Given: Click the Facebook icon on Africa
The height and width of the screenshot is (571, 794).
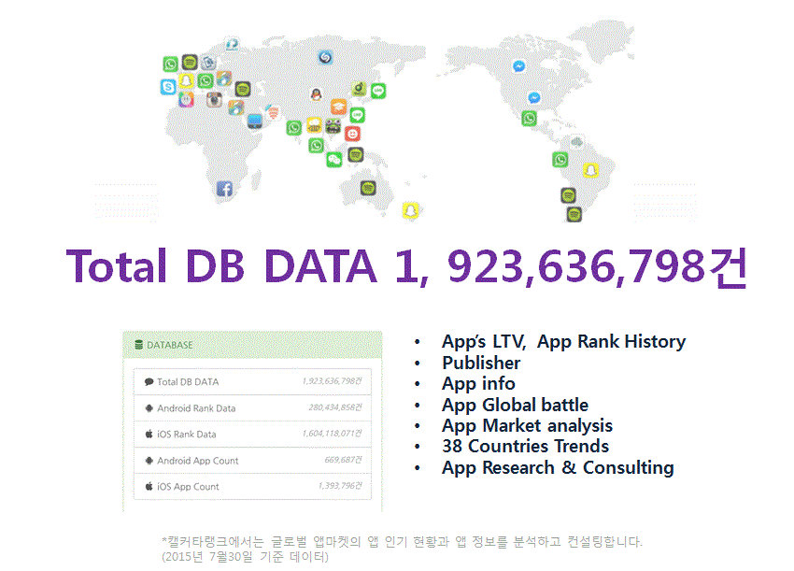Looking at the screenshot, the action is tap(224, 189).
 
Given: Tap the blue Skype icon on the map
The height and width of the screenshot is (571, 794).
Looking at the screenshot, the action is tap(168, 87).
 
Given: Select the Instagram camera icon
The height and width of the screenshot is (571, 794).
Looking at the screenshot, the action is tap(214, 99).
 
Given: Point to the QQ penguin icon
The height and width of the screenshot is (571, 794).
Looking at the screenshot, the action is tap(317, 94).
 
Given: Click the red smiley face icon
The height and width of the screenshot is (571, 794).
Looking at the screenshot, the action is tap(352, 134).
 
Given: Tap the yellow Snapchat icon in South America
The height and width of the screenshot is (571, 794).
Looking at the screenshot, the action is tap(590, 170).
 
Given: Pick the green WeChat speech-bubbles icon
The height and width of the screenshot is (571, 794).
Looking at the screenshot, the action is tap(334, 160).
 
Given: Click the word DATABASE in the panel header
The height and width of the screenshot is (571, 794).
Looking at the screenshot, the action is tap(170, 345).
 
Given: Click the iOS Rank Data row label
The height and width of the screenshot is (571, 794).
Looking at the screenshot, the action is tap(186, 435).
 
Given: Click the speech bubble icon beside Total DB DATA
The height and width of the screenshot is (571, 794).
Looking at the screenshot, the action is tap(149, 382).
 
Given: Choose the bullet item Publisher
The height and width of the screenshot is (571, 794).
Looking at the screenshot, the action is tap(481, 363).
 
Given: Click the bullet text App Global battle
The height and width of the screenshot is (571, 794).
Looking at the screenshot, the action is tap(515, 405).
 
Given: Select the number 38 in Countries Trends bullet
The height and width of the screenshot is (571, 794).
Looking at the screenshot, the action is tap(453, 447).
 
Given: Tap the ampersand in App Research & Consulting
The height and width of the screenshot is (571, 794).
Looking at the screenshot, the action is tap(569, 467).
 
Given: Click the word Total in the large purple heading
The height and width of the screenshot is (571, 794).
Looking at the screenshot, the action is tap(117, 266).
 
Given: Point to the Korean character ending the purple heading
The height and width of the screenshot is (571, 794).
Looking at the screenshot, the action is tap(728, 267).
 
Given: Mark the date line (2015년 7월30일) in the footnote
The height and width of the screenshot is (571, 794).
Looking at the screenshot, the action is tap(245, 557).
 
